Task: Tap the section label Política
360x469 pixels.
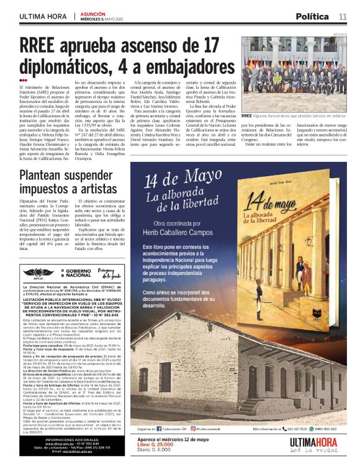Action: [x=312, y=16]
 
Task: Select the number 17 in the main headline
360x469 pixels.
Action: [x=206, y=45]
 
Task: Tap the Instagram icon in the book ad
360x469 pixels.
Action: [x=194, y=428]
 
